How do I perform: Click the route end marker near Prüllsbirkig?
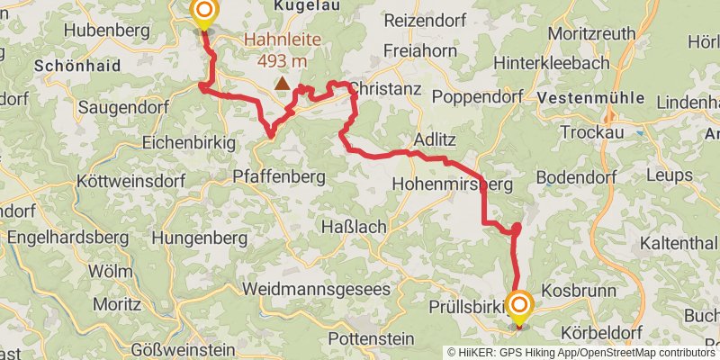click(519, 306)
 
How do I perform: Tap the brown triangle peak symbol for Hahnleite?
click(283, 84)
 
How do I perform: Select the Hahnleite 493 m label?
click(282, 49)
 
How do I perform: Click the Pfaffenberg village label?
click(278, 175)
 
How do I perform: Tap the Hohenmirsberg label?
click(452, 184)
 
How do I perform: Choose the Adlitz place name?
click(436, 139)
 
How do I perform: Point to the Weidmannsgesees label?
click(317, 290)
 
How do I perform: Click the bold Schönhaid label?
click(75, 66)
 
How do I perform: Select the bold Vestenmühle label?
click(599, 97)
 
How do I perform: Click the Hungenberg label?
click(199, 238)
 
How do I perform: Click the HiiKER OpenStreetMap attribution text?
click(580, 353)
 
